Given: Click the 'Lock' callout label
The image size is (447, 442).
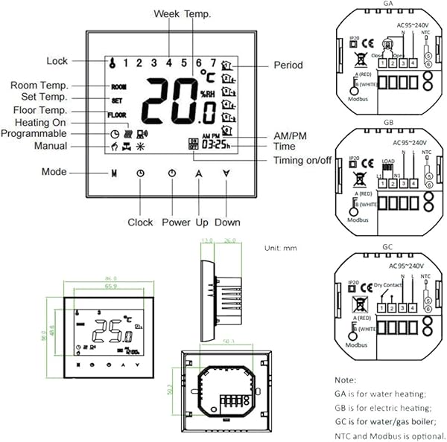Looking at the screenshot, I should tap(57, 60).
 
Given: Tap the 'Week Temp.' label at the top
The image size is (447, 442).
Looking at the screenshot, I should tap(182, 14).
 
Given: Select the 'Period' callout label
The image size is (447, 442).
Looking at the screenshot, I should tap(288, 65).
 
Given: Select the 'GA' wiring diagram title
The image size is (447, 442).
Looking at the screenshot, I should tap(387, 4).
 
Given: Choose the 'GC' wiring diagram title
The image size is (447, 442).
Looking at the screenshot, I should tap(387, 251).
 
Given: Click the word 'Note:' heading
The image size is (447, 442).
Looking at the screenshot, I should tap(346, 379).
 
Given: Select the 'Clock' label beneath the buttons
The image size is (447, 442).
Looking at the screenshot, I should tap(140, 222).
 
